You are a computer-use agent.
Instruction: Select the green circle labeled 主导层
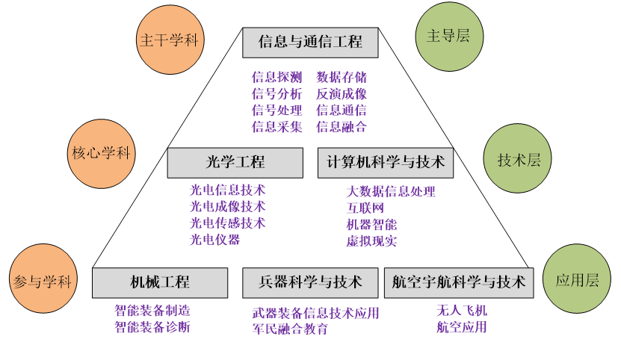[x=448, y=37]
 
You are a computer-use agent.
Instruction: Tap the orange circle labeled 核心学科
[x=101, y=154]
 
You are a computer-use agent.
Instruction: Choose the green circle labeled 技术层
[x=519, y=159]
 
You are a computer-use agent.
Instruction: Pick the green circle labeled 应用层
[x=576, y=280]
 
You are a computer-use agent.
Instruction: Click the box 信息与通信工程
[x=310, y=43]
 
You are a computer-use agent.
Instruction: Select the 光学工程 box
[x=235, y=162]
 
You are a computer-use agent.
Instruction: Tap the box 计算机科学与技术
[x=386, y=162]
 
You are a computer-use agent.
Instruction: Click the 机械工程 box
[x=160, y=282]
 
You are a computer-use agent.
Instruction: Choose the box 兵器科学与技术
[x=310, y=282]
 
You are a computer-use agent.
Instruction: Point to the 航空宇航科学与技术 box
[x=460, y=282]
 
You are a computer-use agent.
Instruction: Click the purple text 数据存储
[x=342, y=77]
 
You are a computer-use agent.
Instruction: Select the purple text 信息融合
[x=342, y=126]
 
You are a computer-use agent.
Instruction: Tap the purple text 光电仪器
[x=214, y=240]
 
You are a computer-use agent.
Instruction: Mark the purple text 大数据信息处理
[x=390, y=191]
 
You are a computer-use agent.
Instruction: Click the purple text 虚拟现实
[x=371, y=241]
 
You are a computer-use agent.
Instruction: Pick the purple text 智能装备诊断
[x=152, y=326]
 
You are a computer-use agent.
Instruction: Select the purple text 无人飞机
[x=462, y=310]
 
